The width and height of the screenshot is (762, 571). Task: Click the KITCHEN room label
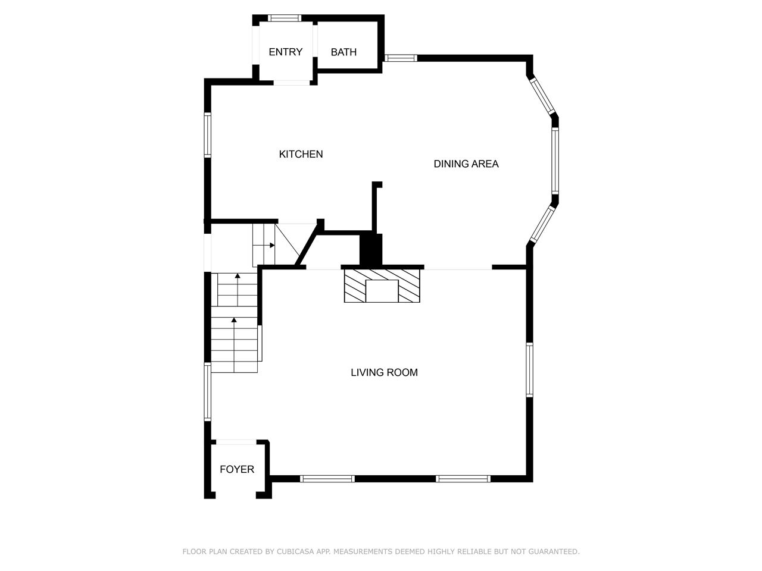(301, 154)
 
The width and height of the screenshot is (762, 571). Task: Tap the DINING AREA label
(466, 164)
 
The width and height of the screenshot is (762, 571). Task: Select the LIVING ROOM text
(384, 372)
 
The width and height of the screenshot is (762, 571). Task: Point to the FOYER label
(237, 469)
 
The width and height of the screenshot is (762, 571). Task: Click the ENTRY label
(285, 52)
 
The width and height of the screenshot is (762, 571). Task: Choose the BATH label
(343, 52)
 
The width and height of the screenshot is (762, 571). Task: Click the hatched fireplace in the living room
(382, 285)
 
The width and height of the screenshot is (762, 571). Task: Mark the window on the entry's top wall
(285, 18)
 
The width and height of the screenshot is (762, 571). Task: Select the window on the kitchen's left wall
(208, 135)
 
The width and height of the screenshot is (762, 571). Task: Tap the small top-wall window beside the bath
(400, 58)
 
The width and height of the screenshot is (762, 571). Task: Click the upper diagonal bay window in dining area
(542, 96)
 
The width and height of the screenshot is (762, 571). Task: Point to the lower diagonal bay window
(542, 225)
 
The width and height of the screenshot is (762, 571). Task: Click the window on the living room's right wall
(529, 369)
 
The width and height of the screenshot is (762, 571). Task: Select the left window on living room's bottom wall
(327, 478)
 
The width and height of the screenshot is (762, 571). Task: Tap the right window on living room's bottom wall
(463, 478)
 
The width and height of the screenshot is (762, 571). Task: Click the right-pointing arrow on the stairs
(271, 245)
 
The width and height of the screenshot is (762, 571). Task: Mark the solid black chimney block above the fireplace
(371, 250)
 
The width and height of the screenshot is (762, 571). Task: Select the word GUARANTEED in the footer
(554, 552)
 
